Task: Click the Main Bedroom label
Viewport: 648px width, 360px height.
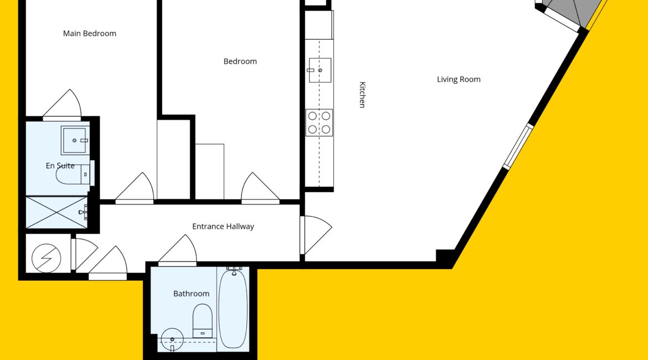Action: pos(89,33)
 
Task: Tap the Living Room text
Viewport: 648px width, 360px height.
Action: pos(459,79)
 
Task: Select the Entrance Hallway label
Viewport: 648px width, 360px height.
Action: pos(223,227)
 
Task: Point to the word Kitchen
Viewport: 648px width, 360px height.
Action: pos(362,95)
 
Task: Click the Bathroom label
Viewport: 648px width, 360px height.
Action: pos(191,294)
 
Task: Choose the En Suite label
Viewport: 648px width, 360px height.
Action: pos(60,166)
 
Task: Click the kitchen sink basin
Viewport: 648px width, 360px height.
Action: pos(320,70)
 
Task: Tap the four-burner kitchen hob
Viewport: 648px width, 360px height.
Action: pos(319,123)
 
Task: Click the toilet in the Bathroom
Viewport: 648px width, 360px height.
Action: pos(203,321)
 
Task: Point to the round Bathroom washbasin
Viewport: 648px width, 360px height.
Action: pos(172,340)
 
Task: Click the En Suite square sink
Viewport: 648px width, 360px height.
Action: pos(75,140)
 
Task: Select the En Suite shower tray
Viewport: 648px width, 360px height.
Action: pos(57,213)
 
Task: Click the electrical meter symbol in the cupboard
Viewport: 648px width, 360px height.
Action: pos(47,258)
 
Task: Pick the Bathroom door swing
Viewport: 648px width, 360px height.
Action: pos(178,250)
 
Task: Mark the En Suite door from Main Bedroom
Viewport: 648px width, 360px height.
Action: pos(62,105)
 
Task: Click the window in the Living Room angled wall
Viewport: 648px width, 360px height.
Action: pos(518,146)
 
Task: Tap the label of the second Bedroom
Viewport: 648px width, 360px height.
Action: pos(240,61)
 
